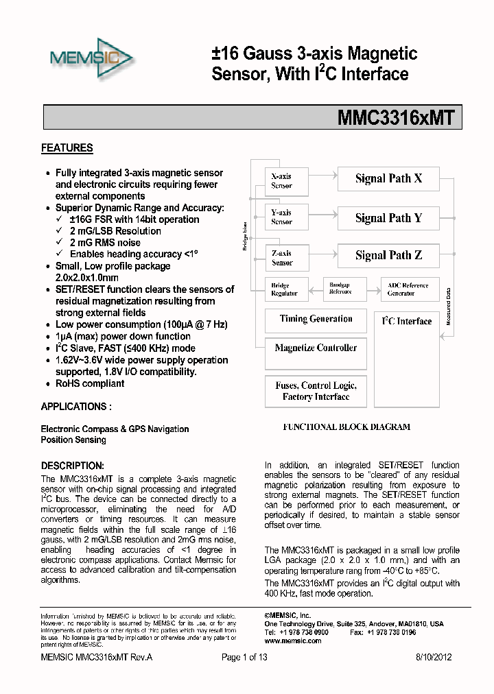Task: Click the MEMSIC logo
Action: click(91, 60)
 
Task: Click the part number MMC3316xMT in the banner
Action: click(395, 117)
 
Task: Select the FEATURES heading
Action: click(67, 148)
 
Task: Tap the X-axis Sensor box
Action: click(281, 181)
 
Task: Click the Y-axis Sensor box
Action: click(281, 217)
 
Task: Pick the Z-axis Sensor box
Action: click(281, 258)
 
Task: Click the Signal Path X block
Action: click(388, 179)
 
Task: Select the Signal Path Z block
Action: click(388, 256)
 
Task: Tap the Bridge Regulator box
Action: click(284, 289)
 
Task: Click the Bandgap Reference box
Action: click(340, 289)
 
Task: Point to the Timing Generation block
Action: click(316, 320)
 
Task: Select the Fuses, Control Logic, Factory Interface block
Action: click(316, 392)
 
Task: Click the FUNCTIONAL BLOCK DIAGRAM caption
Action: click(346, 427)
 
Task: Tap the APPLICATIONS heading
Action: click(75, 407)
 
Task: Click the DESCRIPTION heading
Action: click(72, 465)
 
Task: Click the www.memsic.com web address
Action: click(292, 641)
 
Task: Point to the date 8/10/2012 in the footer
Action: click(434, 657)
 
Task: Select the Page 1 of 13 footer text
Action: click(244, 657)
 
